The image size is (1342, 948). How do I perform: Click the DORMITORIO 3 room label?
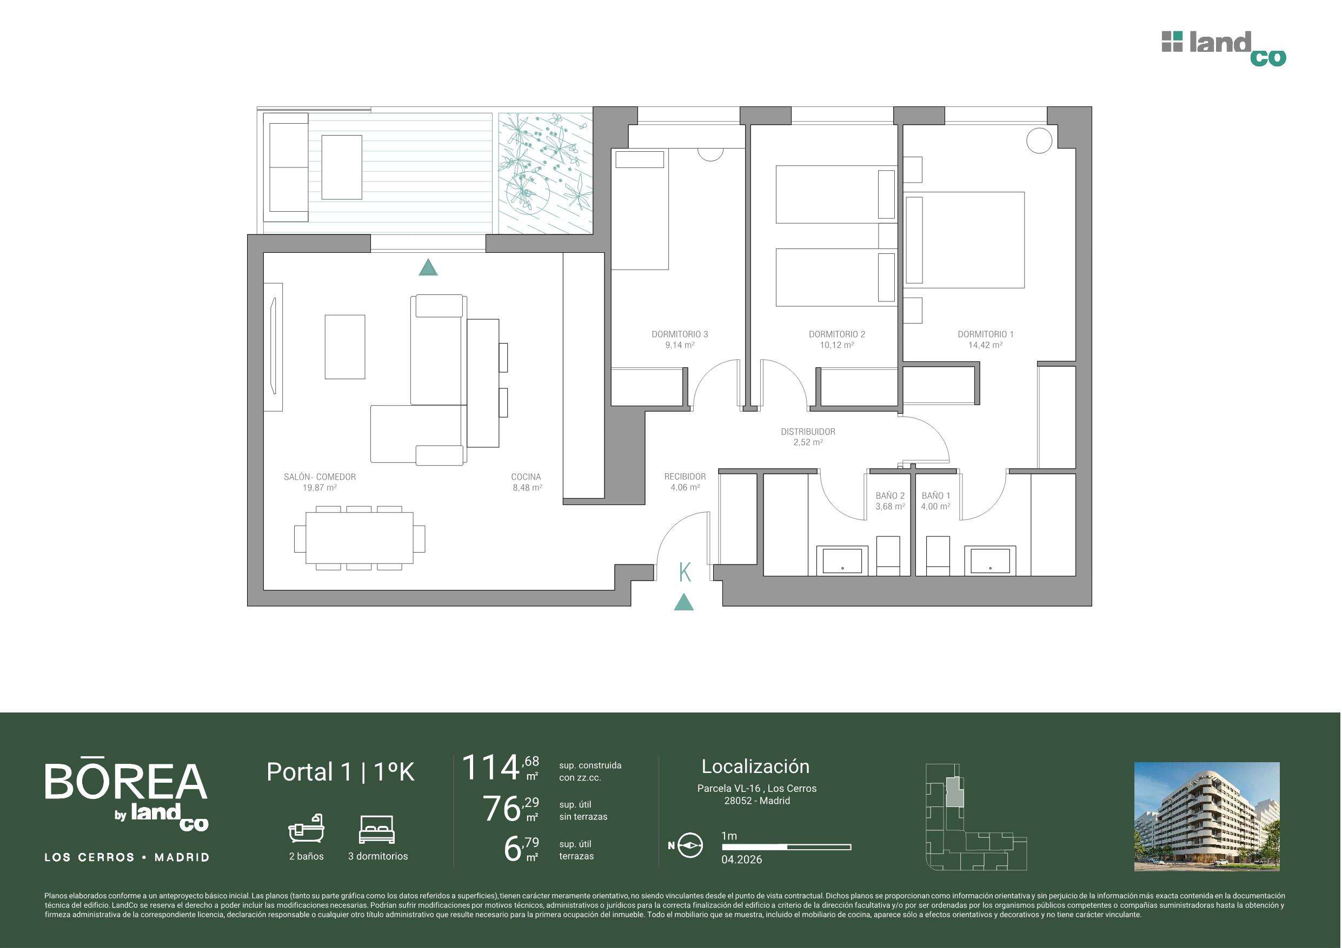680,335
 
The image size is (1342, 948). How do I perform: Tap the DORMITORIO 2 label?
837,335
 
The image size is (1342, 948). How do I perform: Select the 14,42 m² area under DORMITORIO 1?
986,345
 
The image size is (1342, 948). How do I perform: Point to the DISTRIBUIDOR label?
808,432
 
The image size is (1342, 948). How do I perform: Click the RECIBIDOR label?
685,476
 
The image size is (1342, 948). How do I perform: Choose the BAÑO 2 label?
890,496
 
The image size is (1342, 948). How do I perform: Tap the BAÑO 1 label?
936,496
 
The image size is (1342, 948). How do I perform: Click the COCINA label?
526,476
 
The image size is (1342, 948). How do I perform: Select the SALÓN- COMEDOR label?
320,476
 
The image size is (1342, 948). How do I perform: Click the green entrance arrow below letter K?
684,603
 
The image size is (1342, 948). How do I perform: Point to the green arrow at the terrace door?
428,267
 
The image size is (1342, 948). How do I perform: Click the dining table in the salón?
360,538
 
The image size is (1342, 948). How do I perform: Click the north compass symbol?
689,845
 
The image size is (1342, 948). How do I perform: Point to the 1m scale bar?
786,846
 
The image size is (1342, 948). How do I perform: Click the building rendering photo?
1207,817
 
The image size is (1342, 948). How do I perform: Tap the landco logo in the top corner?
1224,49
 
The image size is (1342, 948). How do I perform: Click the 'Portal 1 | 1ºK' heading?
340,772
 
